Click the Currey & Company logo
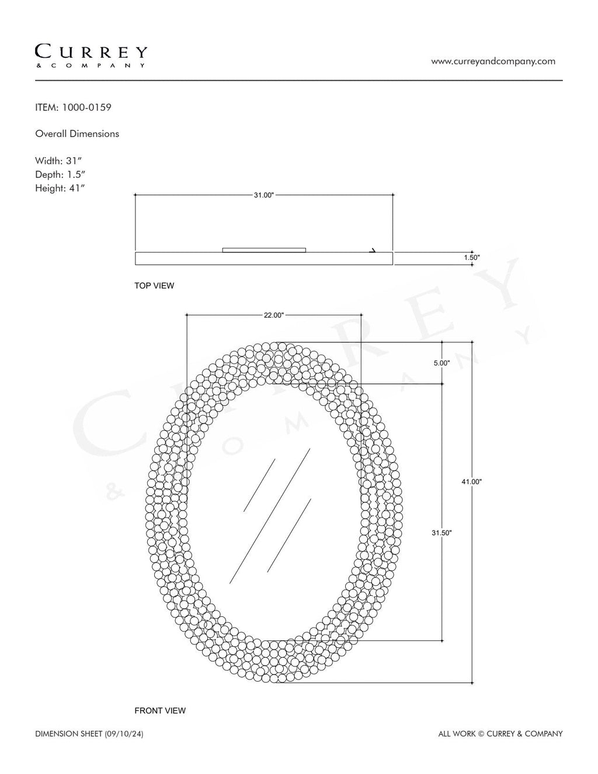pyautogui.click(x=91, y=56)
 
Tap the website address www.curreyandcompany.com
pyautogui.click(x=493, y=61)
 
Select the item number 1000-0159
pyautogui.click(x=87, y=107)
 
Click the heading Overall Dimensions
pyautogui.click(x=77, y=134)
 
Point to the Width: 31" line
pyautogui.click(x=58, y=161)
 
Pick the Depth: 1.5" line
pyautogui.click(x=60, y=175)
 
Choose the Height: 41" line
pyautogui.click(x=60, y=188)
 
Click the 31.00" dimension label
pyautogui.click(x=264, y=195)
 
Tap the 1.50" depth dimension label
pyautogui.click(x=472, y=257)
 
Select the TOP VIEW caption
pyautogui.click(x=154, y=286)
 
